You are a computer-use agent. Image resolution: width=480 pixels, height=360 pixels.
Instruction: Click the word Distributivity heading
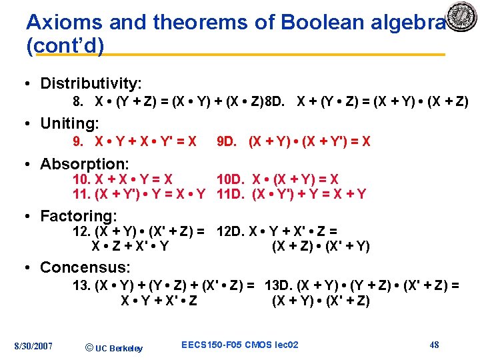pyautogui.click(x=91, y=83)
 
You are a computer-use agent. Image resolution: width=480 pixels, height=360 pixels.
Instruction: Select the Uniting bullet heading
pyautogui.click(x=69, y=123)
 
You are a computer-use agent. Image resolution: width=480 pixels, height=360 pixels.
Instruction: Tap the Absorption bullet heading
pyautogui.click(x=85, y=164)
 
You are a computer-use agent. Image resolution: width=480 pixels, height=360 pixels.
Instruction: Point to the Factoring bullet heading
pyautogui.click(x=78, y=216)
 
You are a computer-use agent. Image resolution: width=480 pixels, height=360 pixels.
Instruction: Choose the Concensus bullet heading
pyautogui.click(x=85, y=267)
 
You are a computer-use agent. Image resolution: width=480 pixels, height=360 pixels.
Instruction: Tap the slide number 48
pyautogui.click(x=434, y=345)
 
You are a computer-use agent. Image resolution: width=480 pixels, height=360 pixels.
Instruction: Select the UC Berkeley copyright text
pyautogui.click(x=115, y=347)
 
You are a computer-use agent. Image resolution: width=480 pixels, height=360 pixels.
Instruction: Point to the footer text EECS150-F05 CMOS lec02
pyautogui.click(x=239, y=345)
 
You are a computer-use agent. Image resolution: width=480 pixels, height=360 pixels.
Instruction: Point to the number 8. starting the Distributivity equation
pyautogui.click(x=77, y=102)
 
